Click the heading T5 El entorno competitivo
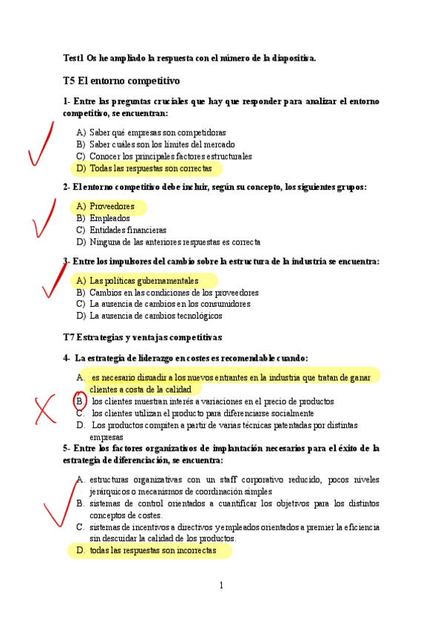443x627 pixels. point(121,80)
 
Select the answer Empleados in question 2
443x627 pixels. point(109,218)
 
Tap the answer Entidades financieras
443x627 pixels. point(127,230)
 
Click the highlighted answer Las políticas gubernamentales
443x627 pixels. point(143,281)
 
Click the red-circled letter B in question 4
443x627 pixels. point(80,401)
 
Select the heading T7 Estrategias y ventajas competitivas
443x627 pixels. point(142,337)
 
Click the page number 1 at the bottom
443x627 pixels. point(220,586)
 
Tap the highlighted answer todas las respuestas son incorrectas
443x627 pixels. point(152,551)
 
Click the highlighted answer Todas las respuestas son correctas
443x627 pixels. point(150,169)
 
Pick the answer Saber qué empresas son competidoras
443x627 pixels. point(158,132)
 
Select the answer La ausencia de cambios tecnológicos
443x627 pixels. point(155,316)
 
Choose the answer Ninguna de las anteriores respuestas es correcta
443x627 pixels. point(175,242)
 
